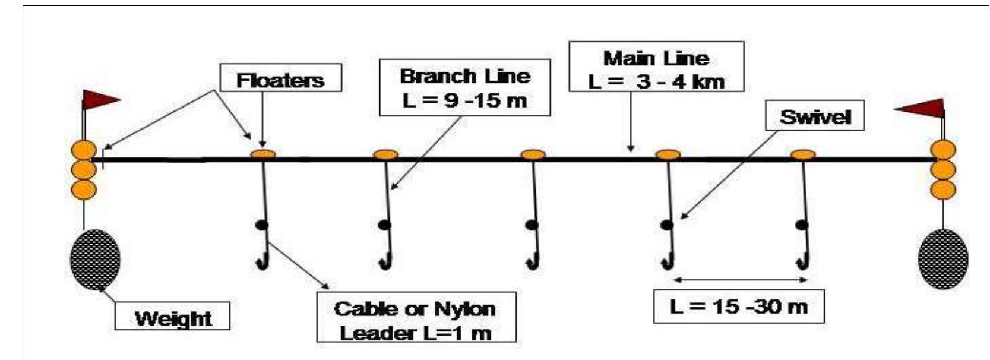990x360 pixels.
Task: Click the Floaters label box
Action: [280, 79]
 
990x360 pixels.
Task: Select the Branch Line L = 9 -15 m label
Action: [465, 88]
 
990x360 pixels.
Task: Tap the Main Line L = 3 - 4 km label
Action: [656, 67]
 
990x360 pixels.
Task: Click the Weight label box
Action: [173, 317]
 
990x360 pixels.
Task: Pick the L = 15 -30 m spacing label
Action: [738, 307]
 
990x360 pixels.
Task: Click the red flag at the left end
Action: [99, 100]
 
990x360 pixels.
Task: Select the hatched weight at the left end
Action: [95, 260]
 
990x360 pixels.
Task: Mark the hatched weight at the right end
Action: [942, 260]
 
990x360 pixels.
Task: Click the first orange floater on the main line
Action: [262, 154]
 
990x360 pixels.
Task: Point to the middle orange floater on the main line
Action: [533, 154]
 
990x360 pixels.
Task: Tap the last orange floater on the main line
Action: [803, 154]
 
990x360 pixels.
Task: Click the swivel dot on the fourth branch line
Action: [667, 225]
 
